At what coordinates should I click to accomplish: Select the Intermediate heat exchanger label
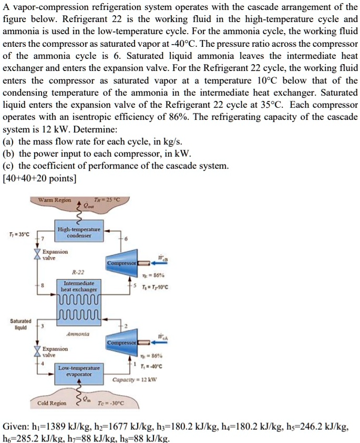78,286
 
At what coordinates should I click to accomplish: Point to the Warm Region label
55,200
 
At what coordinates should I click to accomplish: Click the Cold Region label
52,403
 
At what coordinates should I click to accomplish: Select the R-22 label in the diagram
78,272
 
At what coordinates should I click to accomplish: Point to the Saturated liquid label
20,323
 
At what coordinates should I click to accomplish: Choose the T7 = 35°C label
19,234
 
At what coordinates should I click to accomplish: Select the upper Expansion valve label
55,255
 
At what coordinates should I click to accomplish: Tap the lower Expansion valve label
55,351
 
